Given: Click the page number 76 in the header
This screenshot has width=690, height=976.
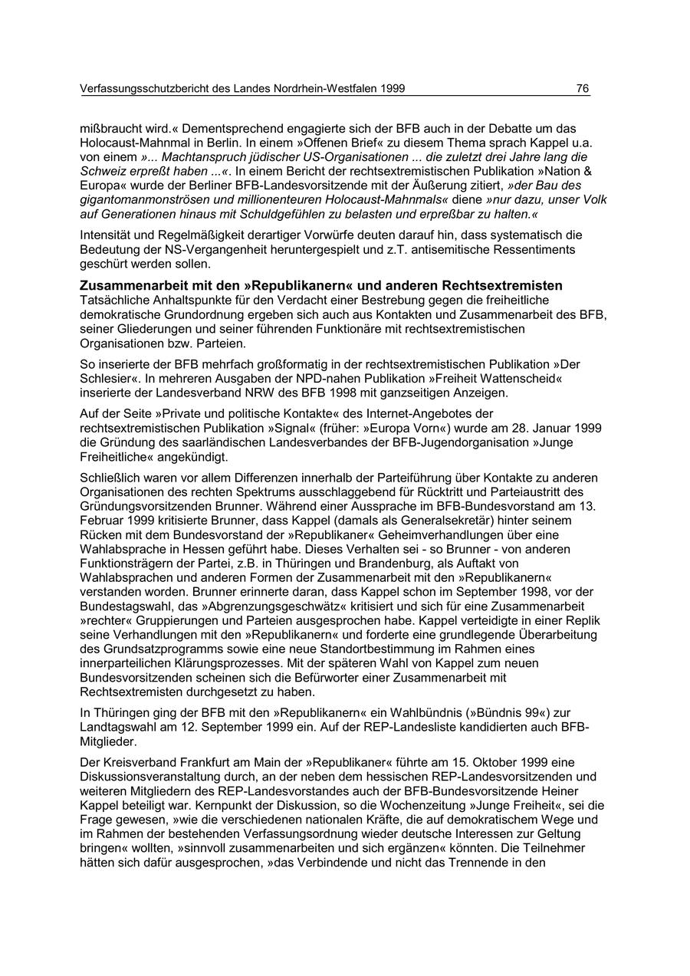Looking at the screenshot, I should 583,89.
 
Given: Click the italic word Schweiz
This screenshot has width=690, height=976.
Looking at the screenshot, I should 100,171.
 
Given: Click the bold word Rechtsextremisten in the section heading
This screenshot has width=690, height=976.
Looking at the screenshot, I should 495,286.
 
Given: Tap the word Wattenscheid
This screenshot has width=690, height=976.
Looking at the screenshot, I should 548,378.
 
